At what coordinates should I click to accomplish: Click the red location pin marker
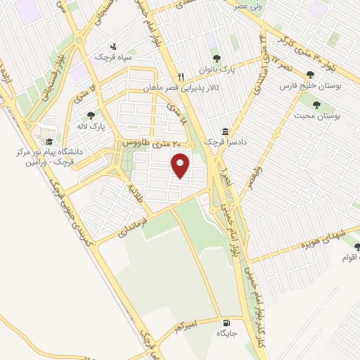181,165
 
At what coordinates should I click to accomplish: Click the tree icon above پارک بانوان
217,60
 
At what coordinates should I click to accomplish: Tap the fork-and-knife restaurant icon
181,77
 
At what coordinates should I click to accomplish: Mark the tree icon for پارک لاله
91,116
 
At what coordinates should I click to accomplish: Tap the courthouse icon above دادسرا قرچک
225,131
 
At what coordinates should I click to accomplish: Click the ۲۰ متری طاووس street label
148,141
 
